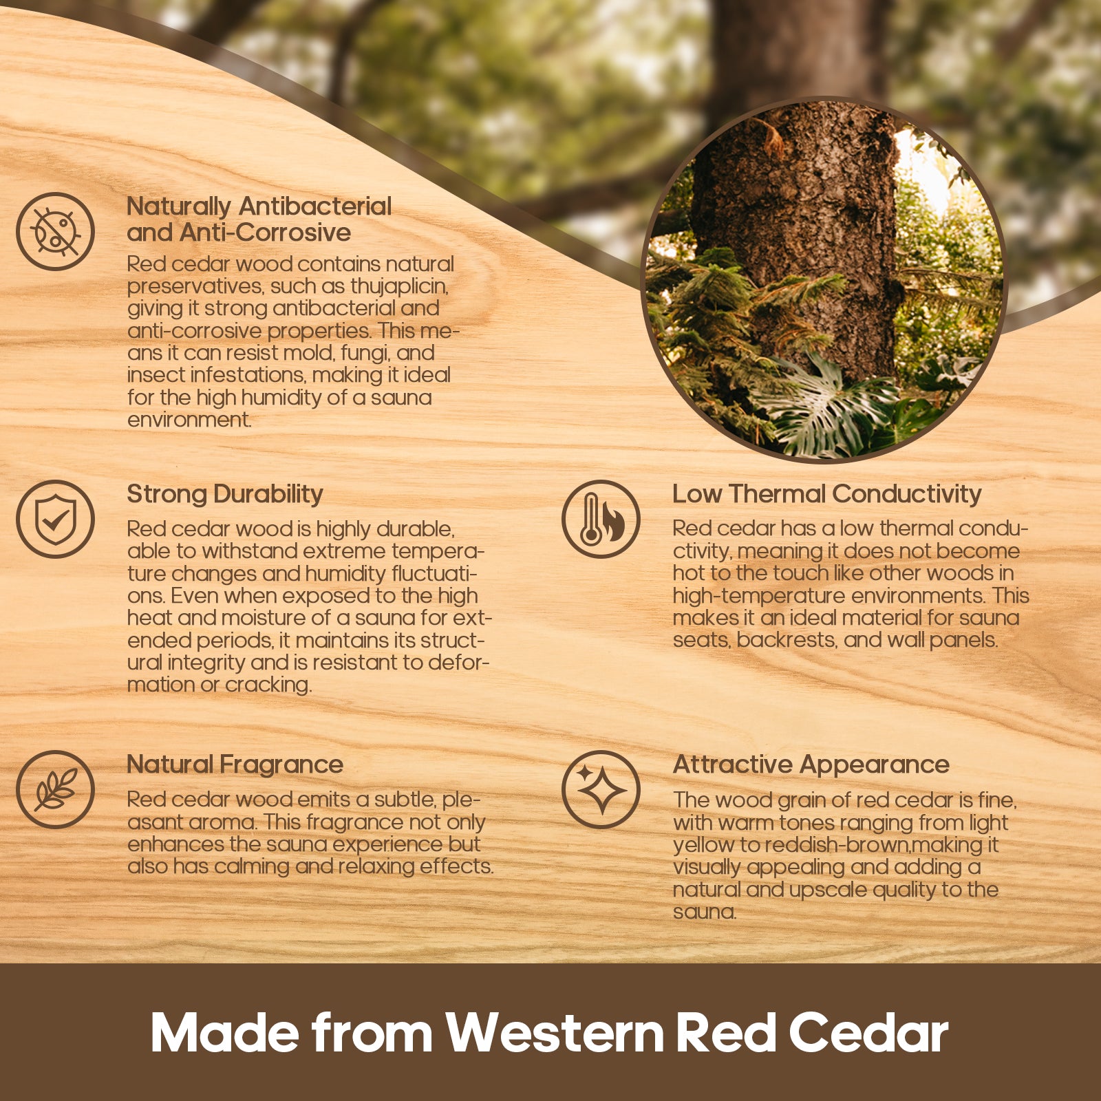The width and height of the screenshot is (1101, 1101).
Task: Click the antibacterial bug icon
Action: (55, 231)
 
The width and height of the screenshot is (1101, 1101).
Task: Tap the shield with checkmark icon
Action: (55, 519)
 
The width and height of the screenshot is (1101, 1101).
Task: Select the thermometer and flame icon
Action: (601, 519)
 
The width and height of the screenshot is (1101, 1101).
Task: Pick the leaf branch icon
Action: (55, 789)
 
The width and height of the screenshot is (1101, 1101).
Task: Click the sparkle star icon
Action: (601, 789)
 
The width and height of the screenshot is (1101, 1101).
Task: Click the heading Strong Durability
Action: (225, 495)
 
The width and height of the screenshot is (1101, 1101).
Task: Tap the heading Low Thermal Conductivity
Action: (826, 494)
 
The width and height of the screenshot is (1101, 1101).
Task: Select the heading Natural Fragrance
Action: (235, 765)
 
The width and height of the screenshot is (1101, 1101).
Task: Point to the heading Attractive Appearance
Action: (811, 765)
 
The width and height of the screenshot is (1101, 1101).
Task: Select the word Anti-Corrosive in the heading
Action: (265, 233)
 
